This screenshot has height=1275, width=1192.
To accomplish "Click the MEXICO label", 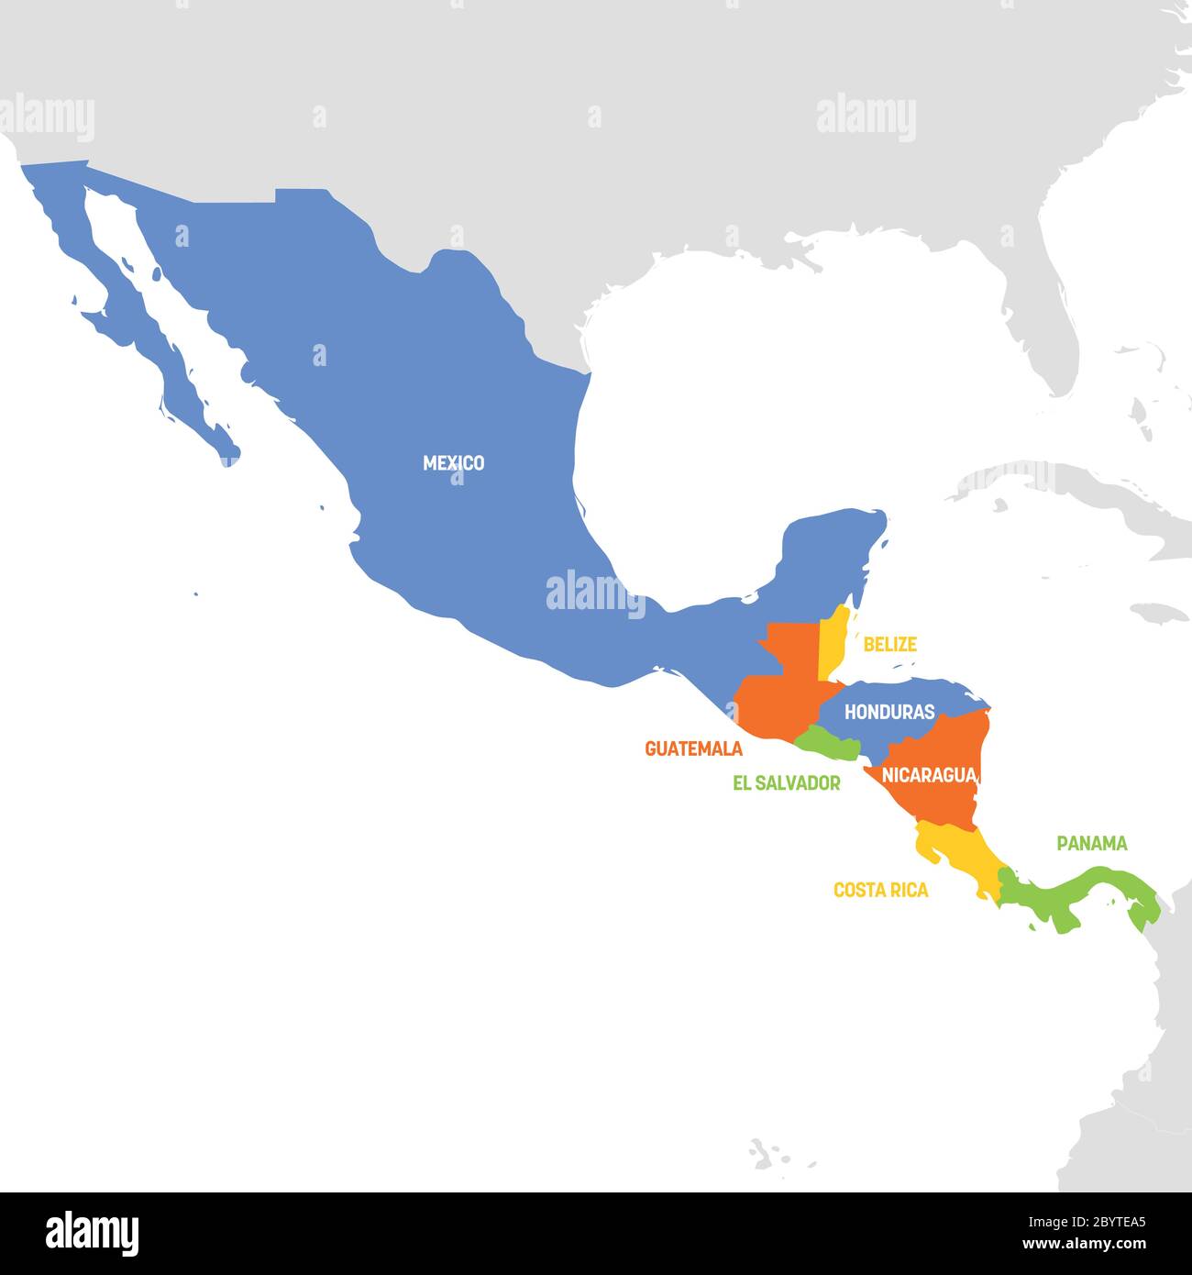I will pos(453,463).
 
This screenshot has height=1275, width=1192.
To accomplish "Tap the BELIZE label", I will pos(889,645).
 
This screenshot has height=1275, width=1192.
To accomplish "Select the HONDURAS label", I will pos(888,712).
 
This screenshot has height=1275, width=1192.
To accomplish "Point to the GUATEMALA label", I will pos(693,748).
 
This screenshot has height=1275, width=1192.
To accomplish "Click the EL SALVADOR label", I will pos(786,783).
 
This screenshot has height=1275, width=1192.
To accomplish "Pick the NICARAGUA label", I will pos(928,775).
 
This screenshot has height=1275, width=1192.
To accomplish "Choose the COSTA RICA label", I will pos(880,890).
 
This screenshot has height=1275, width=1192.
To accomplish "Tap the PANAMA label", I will pos(1091,843).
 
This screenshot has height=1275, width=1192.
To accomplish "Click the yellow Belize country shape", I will pos(831,647).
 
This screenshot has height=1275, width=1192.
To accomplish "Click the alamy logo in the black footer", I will pos(92,1234).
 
